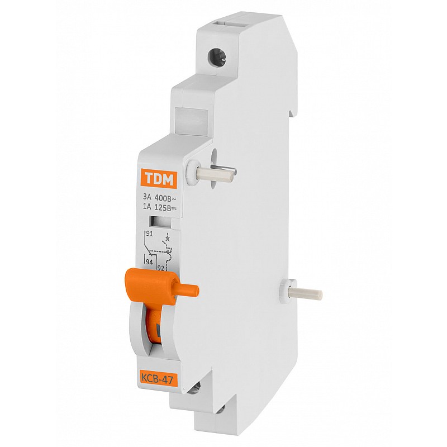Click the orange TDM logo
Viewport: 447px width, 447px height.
click(159, 179)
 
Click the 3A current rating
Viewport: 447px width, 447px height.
click(148, 197)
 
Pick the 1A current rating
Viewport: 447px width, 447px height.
click(148, 207)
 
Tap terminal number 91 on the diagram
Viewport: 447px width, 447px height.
click(149, 234)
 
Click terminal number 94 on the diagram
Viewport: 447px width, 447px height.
click(149, 262)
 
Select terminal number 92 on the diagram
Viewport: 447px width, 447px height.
click(160, 268)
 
